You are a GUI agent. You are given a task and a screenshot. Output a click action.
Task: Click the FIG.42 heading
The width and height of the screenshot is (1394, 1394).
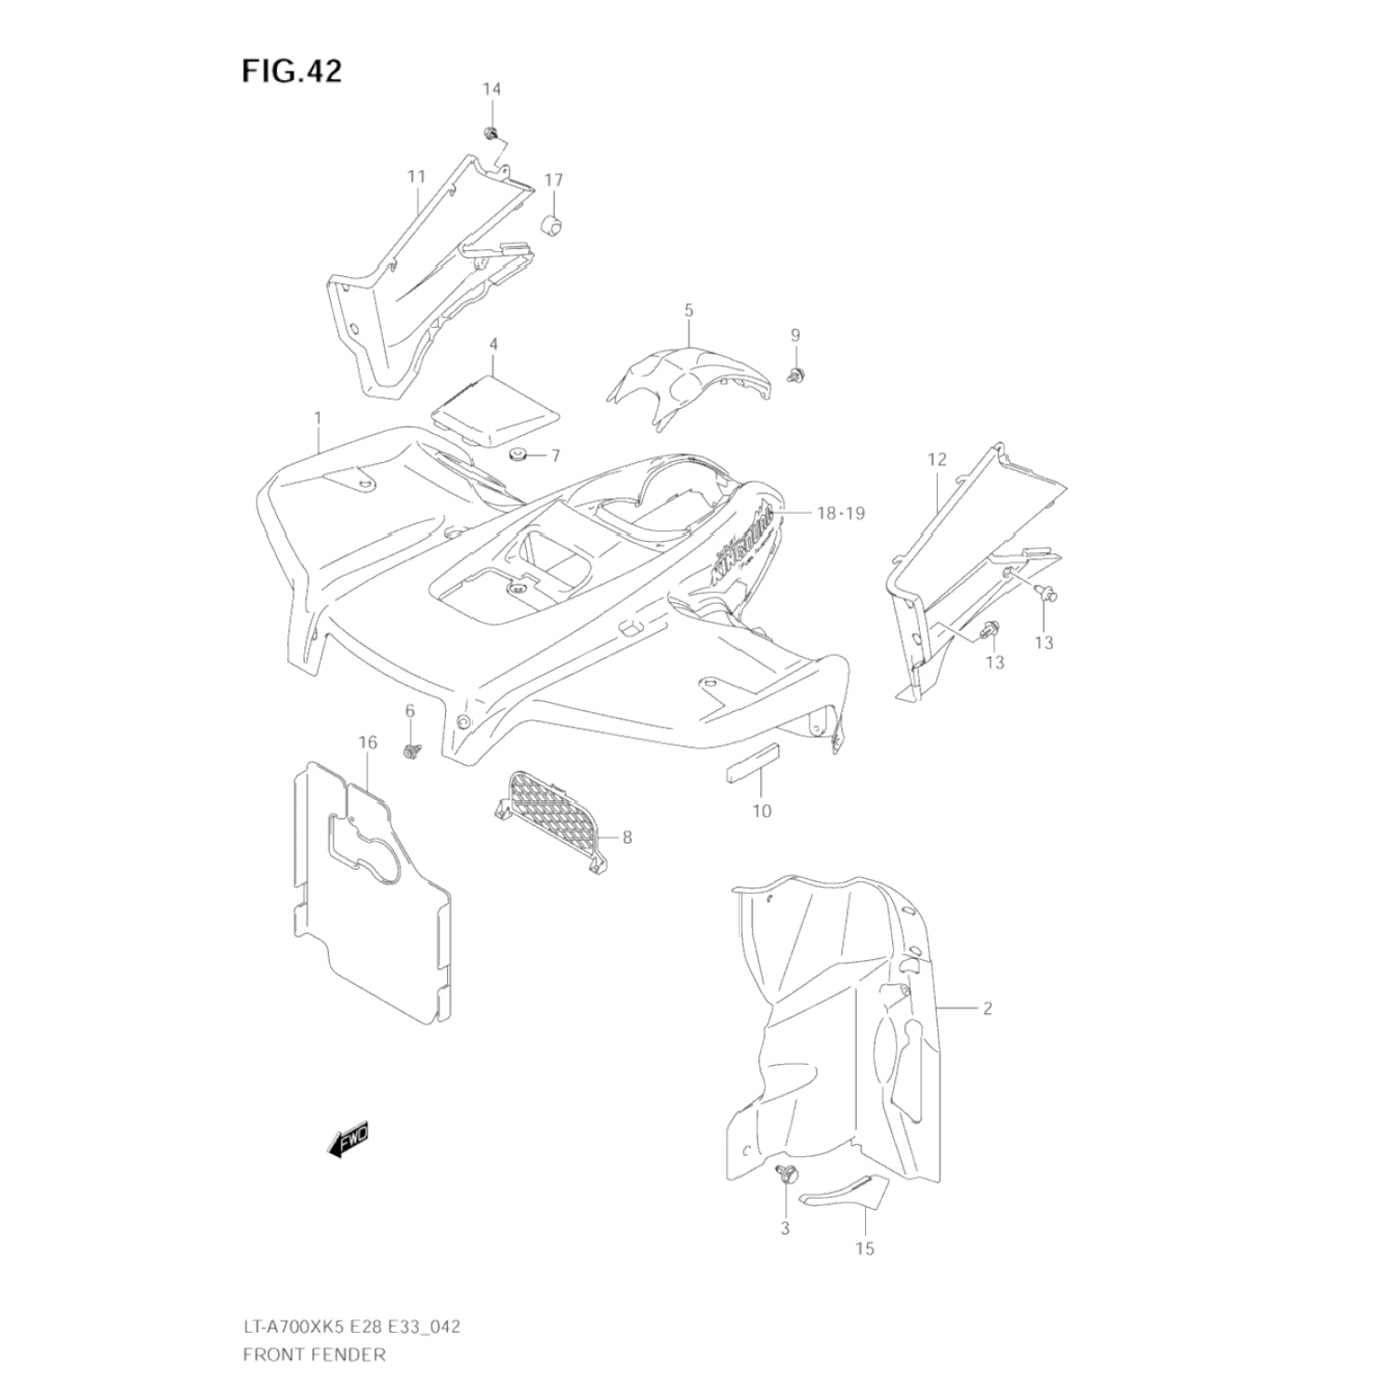coord(292,71)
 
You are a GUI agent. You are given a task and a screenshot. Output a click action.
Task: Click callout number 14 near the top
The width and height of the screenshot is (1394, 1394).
coord(491,89)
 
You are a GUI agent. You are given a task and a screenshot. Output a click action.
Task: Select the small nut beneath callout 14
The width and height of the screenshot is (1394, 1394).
coord(490,133)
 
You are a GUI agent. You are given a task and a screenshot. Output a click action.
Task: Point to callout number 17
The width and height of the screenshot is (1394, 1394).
coord(554,179)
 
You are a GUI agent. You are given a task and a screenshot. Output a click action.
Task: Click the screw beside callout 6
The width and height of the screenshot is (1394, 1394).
coord(410,749)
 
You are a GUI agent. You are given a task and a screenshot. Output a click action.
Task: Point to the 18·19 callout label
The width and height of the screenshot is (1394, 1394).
coord(840,513)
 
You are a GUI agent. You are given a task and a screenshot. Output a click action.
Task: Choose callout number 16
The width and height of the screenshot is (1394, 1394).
coord(368,742)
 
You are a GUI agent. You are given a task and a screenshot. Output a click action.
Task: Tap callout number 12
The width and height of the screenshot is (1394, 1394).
coord(936,459)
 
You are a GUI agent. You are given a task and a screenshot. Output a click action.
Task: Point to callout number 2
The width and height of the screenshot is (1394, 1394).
coord(987,1008)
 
